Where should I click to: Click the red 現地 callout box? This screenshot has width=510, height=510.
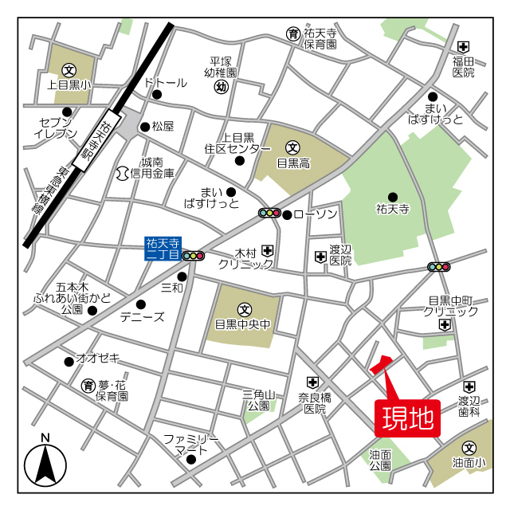[407, 417]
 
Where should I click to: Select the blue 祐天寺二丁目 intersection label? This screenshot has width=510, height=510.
[163, 249]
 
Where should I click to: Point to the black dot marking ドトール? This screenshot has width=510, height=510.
[157, 95]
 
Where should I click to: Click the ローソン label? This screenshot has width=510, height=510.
[316, 214]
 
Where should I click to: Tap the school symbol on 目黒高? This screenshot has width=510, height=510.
[292, 147]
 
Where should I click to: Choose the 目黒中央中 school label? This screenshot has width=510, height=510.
[244, 325]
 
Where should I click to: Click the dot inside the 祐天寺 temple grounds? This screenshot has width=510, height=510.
[392, 197]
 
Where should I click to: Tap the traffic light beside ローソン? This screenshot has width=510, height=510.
[270, 213]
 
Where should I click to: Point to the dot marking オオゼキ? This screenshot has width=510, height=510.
[68, 362]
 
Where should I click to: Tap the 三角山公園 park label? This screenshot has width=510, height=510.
[259, 399]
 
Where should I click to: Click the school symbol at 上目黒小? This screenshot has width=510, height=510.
[69, 69]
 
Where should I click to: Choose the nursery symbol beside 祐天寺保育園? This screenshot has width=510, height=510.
[293, 33]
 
